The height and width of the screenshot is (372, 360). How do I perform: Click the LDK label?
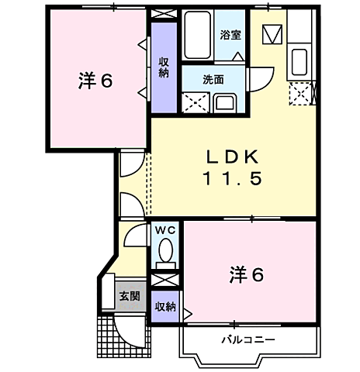click(232, 157)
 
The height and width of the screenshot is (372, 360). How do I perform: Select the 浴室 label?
click(229, 35)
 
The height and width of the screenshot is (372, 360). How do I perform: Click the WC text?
click(164, 231)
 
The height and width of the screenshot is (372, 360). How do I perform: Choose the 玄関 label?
click(129, 295)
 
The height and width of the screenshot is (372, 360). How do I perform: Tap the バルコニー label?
click(247, 339)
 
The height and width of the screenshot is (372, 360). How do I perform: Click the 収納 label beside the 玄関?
click(164, 306)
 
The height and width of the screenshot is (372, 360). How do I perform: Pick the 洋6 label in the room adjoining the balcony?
click(247, 274)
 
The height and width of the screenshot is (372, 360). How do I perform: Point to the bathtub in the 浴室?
click(199, 35)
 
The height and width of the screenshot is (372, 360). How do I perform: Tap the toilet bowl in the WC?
click(164, 250)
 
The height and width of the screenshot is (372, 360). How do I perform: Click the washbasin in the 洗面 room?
click(227, 102)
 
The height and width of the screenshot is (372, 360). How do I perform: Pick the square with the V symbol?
click(272, 35)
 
